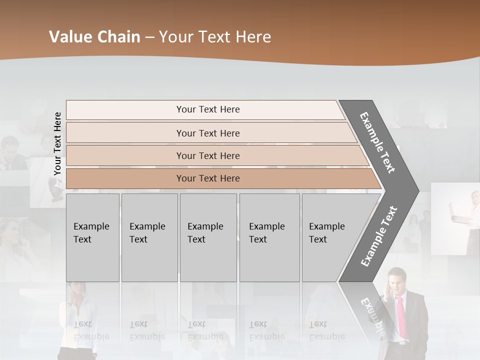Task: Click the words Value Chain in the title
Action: [94, 37]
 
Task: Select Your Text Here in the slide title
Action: [215, 37]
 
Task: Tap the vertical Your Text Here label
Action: [57, 143]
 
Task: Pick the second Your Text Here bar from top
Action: [207, 133]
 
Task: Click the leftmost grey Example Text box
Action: [92, 237]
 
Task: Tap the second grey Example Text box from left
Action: [149, 237]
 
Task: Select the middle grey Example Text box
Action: [208, 237]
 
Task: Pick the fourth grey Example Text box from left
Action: [269, 237]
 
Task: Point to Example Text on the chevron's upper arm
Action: [377, 142]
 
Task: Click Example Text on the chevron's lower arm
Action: [379, 236]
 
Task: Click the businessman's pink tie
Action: [401, 315]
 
